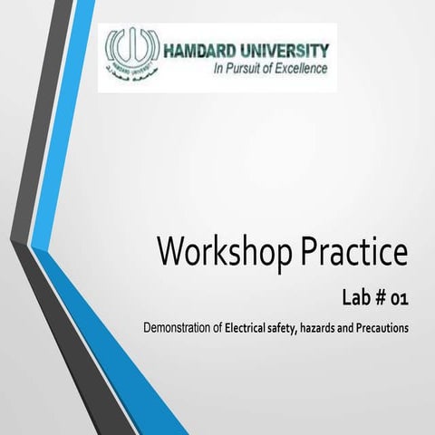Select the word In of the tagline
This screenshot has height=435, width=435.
(217, 68)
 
